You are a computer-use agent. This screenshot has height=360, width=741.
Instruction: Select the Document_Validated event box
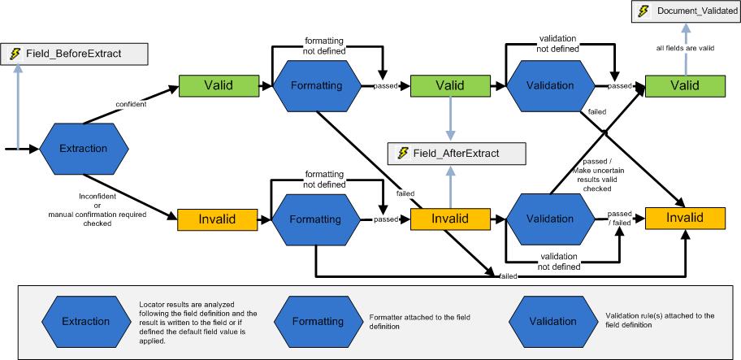coord(685,11)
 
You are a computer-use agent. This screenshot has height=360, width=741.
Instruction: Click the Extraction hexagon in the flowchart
coord(84,149)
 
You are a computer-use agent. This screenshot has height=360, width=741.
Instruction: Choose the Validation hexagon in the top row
coord(549,85)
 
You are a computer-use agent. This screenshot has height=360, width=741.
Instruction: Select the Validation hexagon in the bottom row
coord(549,219)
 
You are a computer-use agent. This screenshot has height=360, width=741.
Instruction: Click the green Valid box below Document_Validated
coord(684,85)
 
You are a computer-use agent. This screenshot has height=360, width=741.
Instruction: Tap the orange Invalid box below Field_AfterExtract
coord(449,219)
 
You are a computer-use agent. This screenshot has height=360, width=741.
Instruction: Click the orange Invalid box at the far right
coord(684,219)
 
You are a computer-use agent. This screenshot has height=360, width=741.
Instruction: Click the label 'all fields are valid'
coord(684,48)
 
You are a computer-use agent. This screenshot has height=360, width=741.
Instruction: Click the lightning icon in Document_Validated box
coord(643,11)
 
